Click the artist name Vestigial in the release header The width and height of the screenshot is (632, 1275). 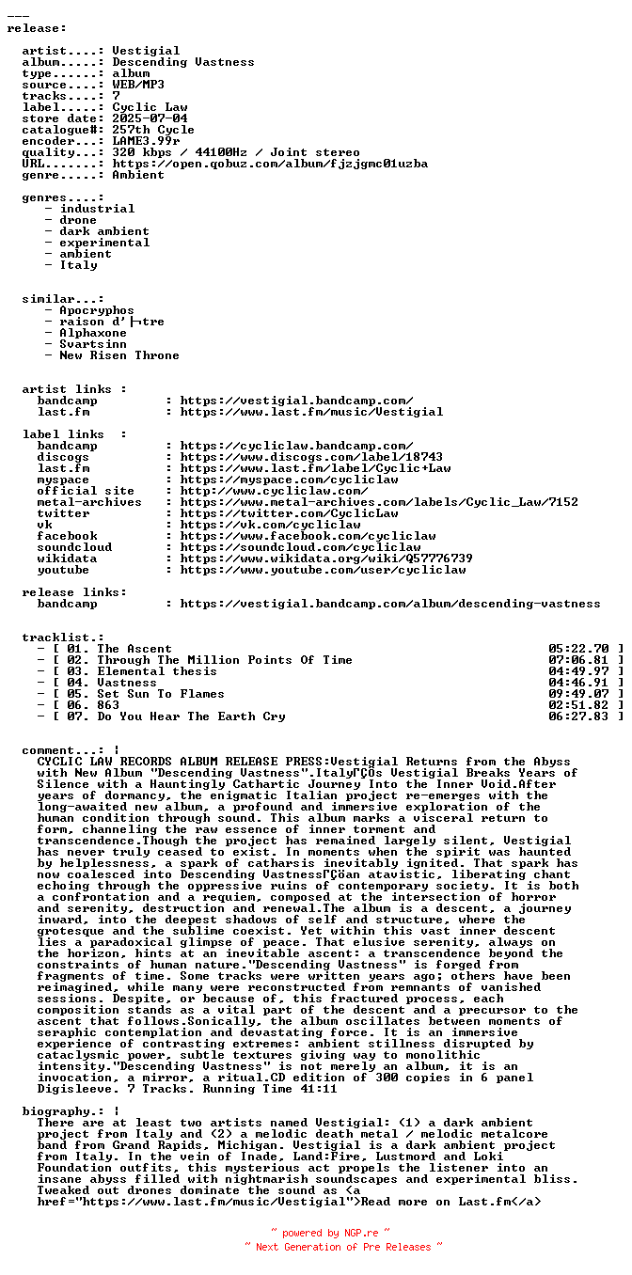pyautogui.click(x=146, y=51)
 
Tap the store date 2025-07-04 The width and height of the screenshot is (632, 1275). pyautogui.click(x=150, y=118)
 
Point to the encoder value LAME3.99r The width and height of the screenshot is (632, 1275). pyautogui.click(x=146, y=141)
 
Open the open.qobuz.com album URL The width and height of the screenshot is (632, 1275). pyautogui.click(x=270, y=164)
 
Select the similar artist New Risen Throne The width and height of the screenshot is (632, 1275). pyautogui.click(x=119, y=355)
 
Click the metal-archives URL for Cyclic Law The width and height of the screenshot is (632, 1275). pyautogui.click(x=379, y=502)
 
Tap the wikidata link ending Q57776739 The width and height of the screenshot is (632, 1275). pyautogui.click(x=326, y=559)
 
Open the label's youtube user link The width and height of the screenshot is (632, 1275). pyautogui.click(x=323, y=570)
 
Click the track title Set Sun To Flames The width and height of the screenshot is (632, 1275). pyautogui.click(x=161, y=694)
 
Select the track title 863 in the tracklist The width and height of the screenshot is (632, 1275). pyautogui.click(x=108, y=705)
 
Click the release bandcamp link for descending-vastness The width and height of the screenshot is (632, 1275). pyautogui.click(x=390, y=604)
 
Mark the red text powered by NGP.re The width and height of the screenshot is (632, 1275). pyautogui.click(x=330, y=1233)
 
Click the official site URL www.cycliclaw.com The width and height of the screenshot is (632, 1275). pyautogui.click(x=274, y=491)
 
